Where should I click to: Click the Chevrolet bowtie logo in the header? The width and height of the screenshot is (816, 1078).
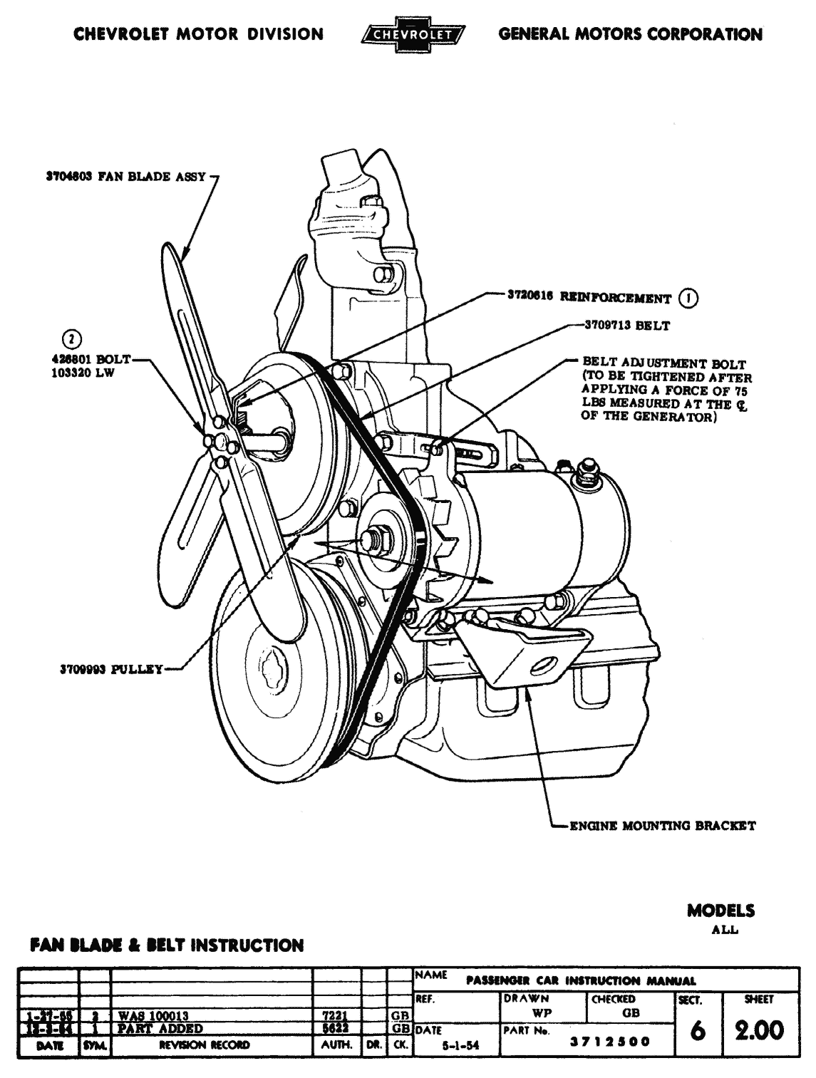tap(413, 34)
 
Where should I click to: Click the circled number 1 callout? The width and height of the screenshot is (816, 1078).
tap(688, 298)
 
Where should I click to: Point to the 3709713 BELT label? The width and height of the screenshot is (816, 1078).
tap(627, 326)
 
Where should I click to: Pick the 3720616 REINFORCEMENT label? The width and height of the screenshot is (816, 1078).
tap(589, 298)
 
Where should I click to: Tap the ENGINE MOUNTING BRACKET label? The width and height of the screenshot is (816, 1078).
tap(661, 826)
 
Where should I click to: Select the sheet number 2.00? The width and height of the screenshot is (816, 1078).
tap(759, 1030)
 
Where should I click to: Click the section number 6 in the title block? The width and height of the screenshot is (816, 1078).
tap(698, 1031)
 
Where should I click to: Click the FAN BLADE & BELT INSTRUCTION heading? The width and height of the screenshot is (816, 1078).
tap(166, 945)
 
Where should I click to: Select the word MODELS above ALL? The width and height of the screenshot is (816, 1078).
tap(721, 911)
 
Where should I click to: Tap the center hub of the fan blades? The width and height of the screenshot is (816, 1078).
tap(221, 442)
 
